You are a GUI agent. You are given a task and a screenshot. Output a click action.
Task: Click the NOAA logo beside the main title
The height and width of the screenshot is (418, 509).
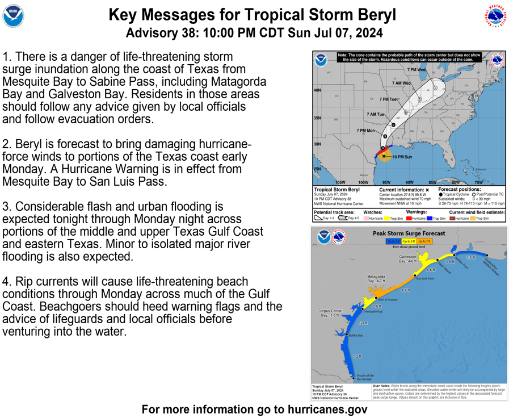pyautogui.click(x=14, y=16)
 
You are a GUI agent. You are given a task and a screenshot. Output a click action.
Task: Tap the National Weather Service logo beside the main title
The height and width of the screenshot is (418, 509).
pyautogui.click(x=495, y=16)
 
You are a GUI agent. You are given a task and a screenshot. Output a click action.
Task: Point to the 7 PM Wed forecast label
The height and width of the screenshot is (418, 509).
pyautogui.click(x=417, y=70)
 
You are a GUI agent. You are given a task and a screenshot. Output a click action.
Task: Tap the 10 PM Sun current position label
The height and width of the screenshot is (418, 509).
pyautogui.click(x=402, y=157)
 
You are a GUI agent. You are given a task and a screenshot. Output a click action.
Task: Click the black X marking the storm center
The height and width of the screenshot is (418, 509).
pyautogui.click(x=384, y=156)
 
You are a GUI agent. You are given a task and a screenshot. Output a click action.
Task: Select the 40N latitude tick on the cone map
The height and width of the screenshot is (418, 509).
pyautogui.click(x=317, y=90)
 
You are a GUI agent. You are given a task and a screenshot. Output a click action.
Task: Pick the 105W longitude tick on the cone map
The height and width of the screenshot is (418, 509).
pyautogui.click(x=340, y=182)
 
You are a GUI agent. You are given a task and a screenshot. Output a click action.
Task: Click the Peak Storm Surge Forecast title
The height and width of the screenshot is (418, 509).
pyautogui.click(x=409, y=233)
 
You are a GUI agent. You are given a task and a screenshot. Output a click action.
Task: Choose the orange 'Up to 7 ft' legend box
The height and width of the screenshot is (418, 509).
pyautogui.click(x=424, y=241)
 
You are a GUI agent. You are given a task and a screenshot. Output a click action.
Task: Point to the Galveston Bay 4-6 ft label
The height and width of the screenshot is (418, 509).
pyautogui.click(x=407, y=259)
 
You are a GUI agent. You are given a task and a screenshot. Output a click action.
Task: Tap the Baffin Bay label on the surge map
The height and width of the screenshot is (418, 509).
pyautogui.click(x=356, y=336)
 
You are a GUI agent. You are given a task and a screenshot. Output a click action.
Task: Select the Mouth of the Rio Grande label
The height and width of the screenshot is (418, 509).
pyautogui.click(x=365, y=377)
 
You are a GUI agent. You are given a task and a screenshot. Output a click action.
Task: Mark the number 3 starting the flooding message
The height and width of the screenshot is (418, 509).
pyautogui.click(x=6, y=207)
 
